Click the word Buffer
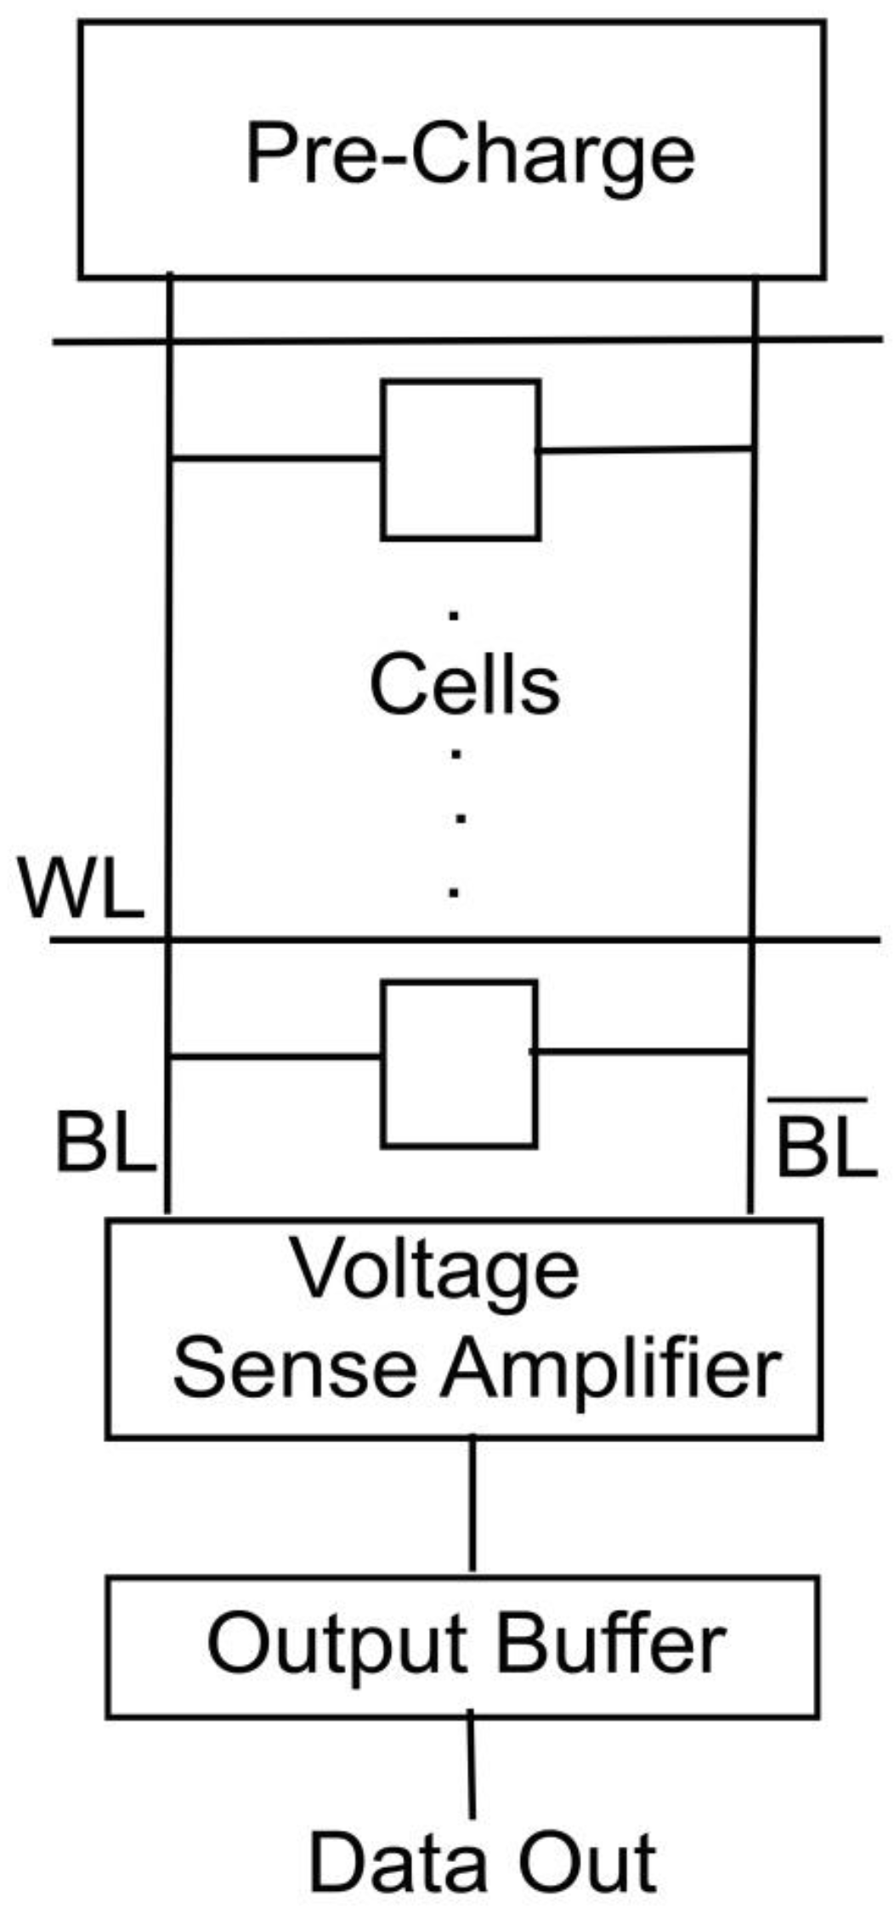pyautogui.click(x=609, y=1643)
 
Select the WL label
pyautogui.click(x=81, y=890)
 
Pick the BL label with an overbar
pyautogui.click(x=825, y=1147)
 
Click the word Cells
pyautogui.click(x=465, y=685)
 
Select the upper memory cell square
pyautogui.click(x=461, y=460)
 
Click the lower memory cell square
pyautogui.click(x=459, y=1064)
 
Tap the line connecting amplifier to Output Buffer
pyautogui.click(x=472, y=1503)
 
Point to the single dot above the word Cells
pyautogui.click(x=454, y=614)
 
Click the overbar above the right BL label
pyautogui.click(x=817, y=1100)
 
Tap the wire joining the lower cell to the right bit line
pyautogui.click(x=643, y=1052)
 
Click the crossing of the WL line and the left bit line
pyautogui.click(x=168, y=940)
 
